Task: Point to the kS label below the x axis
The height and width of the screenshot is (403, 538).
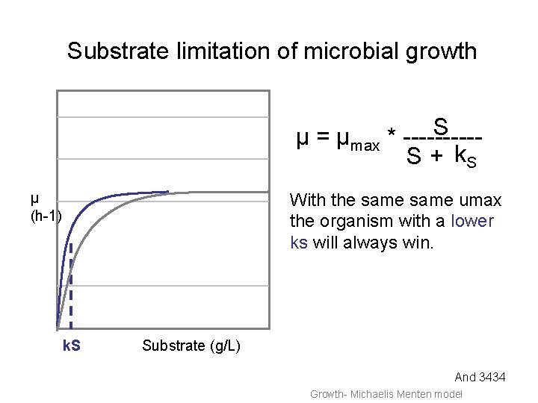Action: point(71,346)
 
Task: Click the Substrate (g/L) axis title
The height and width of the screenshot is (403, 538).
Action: point(191,346)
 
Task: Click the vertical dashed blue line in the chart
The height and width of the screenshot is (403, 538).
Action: point(71,284)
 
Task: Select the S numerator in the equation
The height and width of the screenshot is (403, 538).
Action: point(440,126)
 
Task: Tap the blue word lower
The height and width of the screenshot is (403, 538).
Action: point(472,222)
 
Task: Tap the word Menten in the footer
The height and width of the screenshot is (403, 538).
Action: point(414,394)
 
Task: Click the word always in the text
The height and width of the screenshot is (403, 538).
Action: point(374,243)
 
